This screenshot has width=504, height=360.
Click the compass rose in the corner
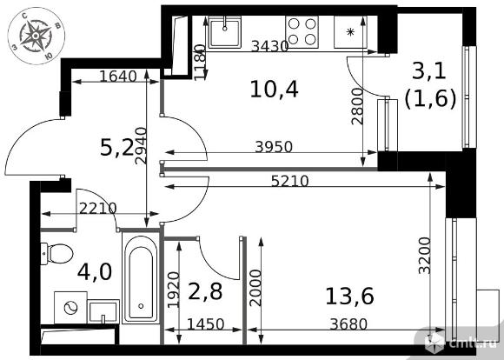[36, 36]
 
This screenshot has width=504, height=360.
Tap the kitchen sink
[225, 32]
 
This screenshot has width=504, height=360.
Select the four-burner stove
[302, 32]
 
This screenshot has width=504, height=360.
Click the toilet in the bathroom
[56, 254]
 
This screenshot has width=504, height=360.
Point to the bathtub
[141, 278]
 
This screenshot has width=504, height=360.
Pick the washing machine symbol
[70, 308]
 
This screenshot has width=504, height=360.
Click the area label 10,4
[275, 89]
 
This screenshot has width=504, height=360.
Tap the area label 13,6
[349, 296]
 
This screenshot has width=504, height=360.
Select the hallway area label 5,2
[116, 149]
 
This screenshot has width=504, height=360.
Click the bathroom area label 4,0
[95, 271]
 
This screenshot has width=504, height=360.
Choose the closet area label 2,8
[205, 291]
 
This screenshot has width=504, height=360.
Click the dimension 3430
[269, 46]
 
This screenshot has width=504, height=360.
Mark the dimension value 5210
[290, 181]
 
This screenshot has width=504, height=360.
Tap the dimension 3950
[274, 147]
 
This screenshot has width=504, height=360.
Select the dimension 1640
[118, 77]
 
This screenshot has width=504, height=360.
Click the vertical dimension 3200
[425, 256]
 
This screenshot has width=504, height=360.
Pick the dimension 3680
[348, 324]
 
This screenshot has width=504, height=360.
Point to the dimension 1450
[205, 324]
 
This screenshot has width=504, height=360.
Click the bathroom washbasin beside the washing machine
[103, 311]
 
